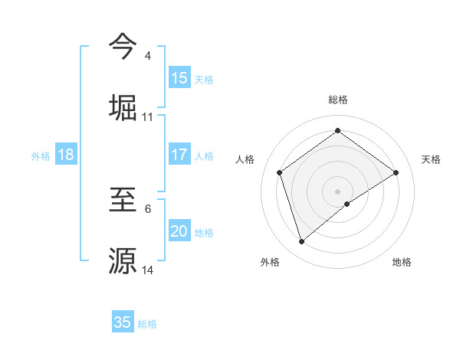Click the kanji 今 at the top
[123, 46]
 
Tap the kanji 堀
[123, 106]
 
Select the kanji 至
[123, 199]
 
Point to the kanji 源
[123, 260]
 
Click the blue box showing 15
[179, 77]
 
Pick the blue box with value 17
[179, 154]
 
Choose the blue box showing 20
[179, 231]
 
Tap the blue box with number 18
[66, 154]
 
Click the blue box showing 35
[123, 322]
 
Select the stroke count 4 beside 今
[148, 56]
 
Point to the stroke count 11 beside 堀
[148, 117]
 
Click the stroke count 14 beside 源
[148, 270]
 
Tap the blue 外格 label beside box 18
[41, 155]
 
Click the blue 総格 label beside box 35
[148, 324]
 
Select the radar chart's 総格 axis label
[338, 100]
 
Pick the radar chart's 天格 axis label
[431, 159]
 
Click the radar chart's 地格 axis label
[402, 262]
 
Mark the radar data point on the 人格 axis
[280, 172]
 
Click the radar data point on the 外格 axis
[302, 242]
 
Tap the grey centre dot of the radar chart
[338, 191]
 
